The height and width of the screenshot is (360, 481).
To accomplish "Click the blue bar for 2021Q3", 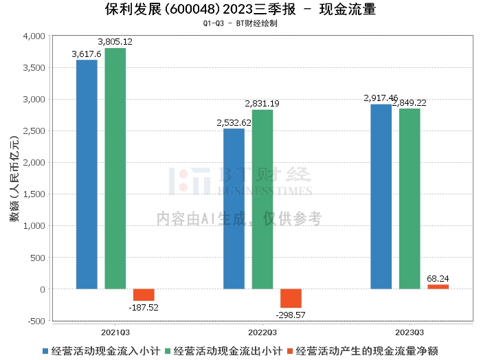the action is [87, 175].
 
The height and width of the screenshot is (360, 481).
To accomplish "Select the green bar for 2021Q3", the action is [115, 168].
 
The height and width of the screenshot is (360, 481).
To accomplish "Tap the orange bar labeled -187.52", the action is [144, 295].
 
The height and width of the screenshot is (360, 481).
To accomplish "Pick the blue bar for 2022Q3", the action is [234, 209].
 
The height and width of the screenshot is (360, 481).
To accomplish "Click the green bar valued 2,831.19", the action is [262, 199].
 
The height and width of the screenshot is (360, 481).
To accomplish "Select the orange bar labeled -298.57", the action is [291, 298].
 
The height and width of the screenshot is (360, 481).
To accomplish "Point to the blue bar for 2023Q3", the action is [381, 196].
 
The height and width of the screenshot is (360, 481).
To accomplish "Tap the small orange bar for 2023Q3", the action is [438, 286].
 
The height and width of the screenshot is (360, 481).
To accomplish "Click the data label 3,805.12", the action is [115, 42].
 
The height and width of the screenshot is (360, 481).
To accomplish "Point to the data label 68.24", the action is [438, 278].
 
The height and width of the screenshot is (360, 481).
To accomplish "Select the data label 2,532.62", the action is [234, 123].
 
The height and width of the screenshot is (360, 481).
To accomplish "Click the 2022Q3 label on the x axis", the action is [262, 333].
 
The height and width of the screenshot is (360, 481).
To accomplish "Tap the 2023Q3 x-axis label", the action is [410, 333].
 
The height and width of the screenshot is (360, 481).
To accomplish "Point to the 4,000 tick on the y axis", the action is [34, 36].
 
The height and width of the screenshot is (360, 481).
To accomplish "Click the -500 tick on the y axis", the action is [36, 321].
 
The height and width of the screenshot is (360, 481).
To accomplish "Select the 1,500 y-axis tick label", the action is [34, 194].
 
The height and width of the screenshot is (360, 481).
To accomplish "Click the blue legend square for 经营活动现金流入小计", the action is [45, 351].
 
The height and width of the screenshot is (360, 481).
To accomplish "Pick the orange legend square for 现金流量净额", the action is [289, 351].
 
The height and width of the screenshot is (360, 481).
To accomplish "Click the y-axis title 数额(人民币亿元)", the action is [14, 179].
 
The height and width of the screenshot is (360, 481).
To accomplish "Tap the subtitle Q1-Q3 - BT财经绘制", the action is [240, 23].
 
